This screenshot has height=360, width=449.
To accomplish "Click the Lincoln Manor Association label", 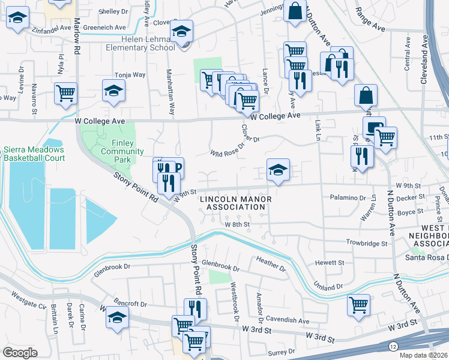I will coord(235,203).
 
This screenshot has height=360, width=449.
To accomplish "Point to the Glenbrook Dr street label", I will coord(220,263).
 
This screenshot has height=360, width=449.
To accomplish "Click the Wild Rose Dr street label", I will coord(228,149).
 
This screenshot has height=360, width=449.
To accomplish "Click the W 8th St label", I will coord(237,224).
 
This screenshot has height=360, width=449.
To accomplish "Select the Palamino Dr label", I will coord(348,197).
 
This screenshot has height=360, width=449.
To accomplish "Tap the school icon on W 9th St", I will coord(278,170).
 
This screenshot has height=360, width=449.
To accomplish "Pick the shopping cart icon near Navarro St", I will coord(65,93).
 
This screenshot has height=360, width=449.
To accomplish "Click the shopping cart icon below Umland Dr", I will coord(358,304).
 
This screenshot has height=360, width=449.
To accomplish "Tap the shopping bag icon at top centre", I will coord(295,11).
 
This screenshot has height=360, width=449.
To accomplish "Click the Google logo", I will coord(20,352).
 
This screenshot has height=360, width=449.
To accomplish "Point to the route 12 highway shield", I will coord(393,346).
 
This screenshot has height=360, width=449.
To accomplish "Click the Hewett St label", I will coord(331,263).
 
